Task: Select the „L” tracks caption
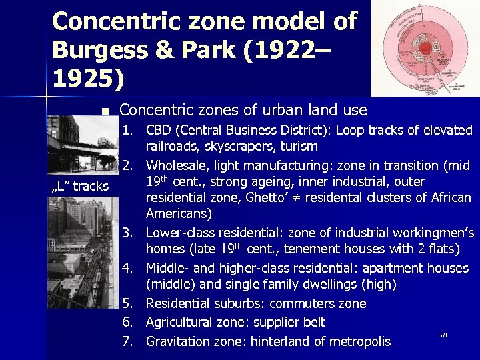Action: click(x=80, y=186)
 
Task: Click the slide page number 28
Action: click(x=443, y=333)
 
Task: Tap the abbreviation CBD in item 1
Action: click(x=160, y=129)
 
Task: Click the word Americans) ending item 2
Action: click(x=179, y=214)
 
